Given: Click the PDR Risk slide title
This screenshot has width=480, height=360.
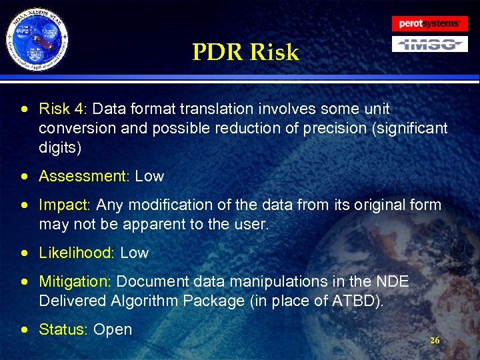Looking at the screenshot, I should click(x=245, y=52).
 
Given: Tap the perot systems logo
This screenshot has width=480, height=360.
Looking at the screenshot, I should click(x=429, y=23).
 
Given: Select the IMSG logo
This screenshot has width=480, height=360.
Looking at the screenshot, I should click(x=429, y=44).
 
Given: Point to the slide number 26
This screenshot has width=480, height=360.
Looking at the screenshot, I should click(x=435, y=341).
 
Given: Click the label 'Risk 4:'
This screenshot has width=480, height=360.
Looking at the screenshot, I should click(x=62, y=109).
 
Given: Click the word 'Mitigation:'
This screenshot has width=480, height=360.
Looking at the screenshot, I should click(x=76, y=282).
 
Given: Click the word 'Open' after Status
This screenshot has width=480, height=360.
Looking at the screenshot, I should click(x=113, y=329).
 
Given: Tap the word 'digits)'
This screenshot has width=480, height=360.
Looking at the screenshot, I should click(x=60, y=147).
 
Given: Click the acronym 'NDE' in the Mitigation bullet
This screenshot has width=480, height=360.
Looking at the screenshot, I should click(x=393, y=282).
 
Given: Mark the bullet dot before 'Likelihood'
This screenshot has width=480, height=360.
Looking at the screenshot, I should click(x=25, y=253).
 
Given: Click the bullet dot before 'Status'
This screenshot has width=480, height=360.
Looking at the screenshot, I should click(x=25, y=329).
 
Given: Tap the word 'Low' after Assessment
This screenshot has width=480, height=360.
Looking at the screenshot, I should click(x=149, y=177).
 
